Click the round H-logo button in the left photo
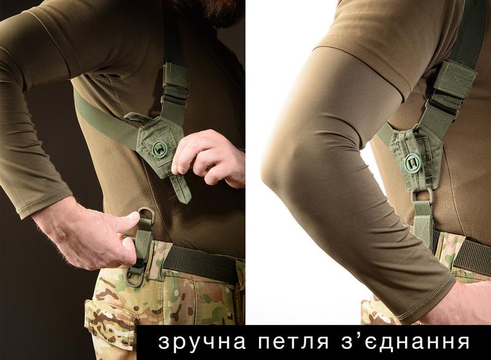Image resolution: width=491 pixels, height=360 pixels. [x=160, y=149]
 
